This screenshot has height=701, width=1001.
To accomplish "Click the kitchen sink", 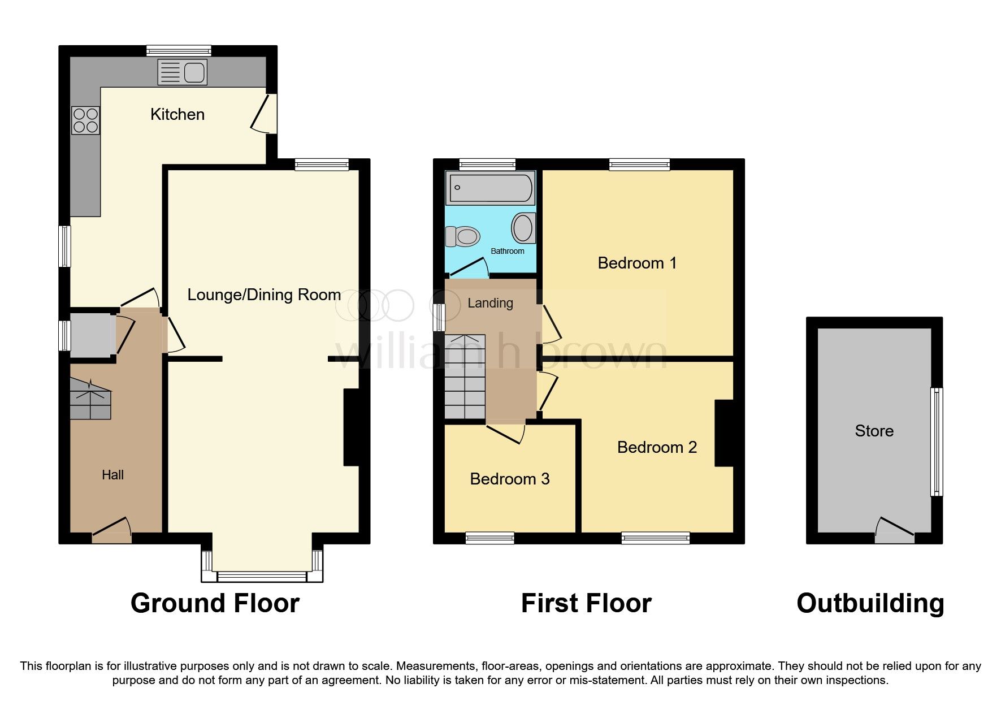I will point(183,72).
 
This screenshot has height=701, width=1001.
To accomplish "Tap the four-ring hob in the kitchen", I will point(85,120).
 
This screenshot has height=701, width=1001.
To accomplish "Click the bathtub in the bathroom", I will point(490,188).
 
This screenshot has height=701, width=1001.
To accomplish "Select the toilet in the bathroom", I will point(462,236).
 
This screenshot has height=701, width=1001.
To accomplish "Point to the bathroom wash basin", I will point(523,228).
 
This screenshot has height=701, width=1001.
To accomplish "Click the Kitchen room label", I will point(177,114).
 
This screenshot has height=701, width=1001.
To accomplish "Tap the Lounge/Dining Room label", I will point(264,295).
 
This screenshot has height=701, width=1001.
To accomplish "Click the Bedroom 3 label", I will point(510,479).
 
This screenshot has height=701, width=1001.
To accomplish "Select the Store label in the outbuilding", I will point(874,431).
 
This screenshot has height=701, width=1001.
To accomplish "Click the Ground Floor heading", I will point(215,603).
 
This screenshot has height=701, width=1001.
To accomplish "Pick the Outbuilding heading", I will point(870,603).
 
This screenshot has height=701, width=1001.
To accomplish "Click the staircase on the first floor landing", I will point(465,377).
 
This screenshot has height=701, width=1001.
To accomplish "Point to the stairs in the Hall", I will point(90,399).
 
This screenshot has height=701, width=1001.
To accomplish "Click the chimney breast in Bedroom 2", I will point(724,433).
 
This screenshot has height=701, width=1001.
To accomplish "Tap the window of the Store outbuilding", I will point(937,442).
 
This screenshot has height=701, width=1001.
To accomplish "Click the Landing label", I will point(490,303).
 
